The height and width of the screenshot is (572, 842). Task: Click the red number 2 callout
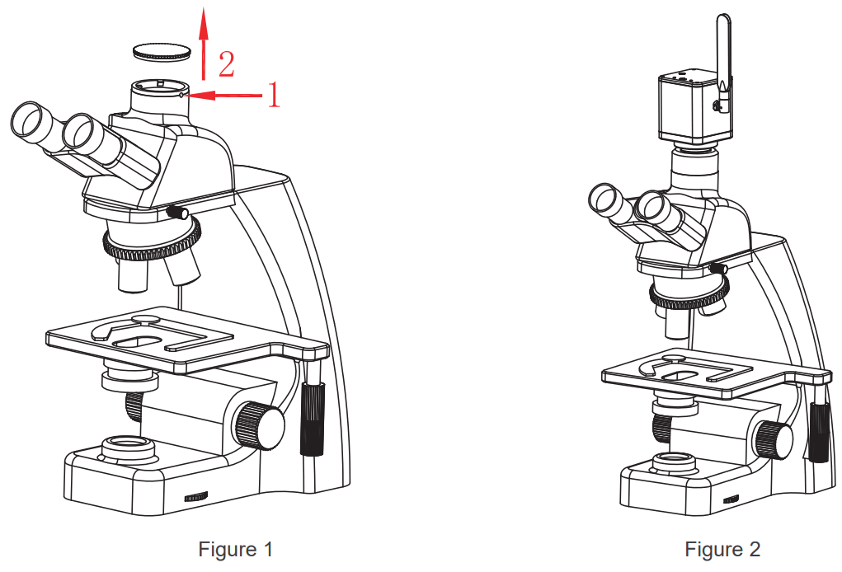(x=225, y=63)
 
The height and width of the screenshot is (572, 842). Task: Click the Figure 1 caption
(x=235, y=549)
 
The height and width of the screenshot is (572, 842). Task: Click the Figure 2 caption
(x=722, y=549)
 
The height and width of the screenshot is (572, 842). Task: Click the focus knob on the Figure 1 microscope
(x=258, y=425)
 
